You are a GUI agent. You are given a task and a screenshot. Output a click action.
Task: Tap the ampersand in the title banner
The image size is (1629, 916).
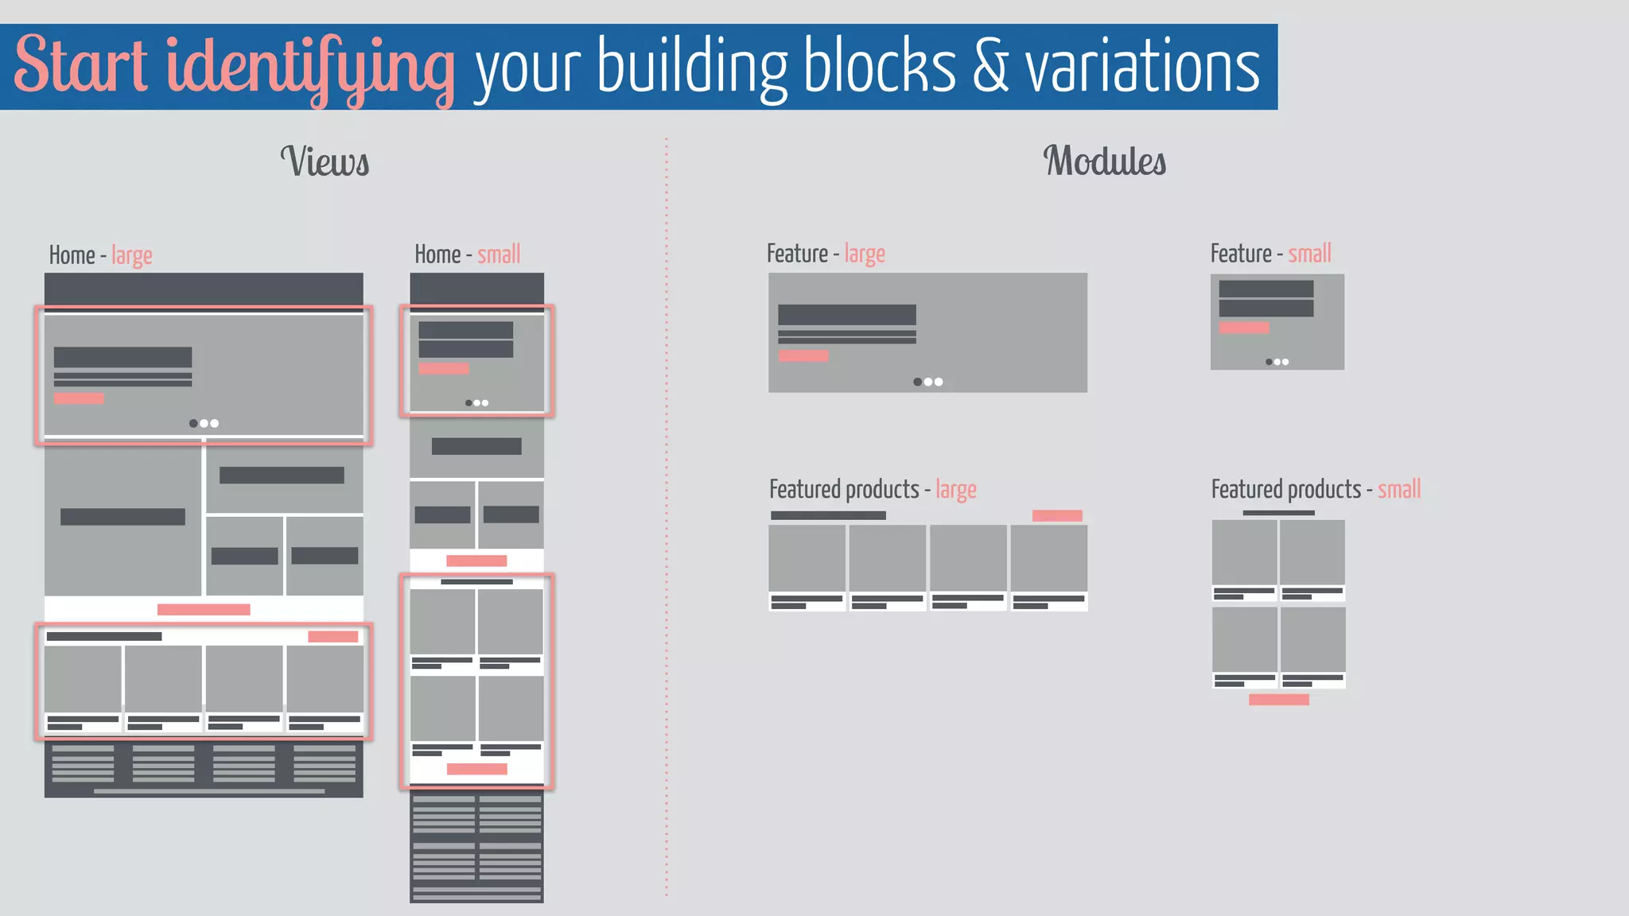pos(989,68)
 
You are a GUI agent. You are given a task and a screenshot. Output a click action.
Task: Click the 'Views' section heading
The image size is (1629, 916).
pos(325,161)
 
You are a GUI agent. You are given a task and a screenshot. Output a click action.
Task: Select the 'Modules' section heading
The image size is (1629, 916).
pos(1104,161)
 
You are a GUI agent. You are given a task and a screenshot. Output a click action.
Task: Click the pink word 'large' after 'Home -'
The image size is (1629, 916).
pos(132,255)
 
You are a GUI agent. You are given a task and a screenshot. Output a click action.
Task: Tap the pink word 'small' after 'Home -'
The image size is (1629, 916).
pos(499,254)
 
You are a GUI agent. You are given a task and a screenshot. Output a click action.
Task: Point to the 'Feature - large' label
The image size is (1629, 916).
pos(826,254)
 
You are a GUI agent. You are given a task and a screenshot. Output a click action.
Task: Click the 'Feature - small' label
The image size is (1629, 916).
pos(1270,254)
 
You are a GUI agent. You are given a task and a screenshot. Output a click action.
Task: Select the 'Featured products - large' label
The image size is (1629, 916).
pos(873,489)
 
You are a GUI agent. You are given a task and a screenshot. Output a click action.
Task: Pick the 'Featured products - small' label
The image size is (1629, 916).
pos(1316,489)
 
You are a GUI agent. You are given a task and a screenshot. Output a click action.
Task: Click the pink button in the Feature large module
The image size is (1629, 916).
pos(803,356)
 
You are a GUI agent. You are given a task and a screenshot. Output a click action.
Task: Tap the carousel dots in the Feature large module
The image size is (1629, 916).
pos(928,382)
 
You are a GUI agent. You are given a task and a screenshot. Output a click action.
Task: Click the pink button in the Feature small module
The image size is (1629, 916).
pos(1244,328)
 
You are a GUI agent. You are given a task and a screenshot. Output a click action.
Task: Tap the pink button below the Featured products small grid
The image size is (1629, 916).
pos(1279,700)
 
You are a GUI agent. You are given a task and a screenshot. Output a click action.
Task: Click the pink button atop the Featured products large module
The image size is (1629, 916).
pos(1057,516)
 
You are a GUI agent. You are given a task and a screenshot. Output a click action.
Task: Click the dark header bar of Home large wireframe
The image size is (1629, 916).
pos(204,288)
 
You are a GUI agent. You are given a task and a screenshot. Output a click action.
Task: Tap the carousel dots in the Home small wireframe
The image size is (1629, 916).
pos(477,403)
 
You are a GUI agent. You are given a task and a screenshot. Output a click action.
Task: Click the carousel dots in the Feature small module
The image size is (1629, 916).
pos(1277,362)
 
